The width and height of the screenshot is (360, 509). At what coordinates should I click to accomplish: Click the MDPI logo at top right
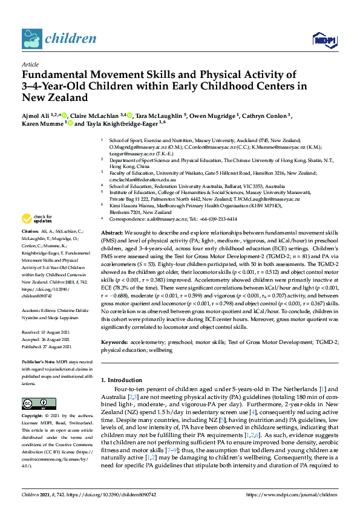(324, 40)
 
